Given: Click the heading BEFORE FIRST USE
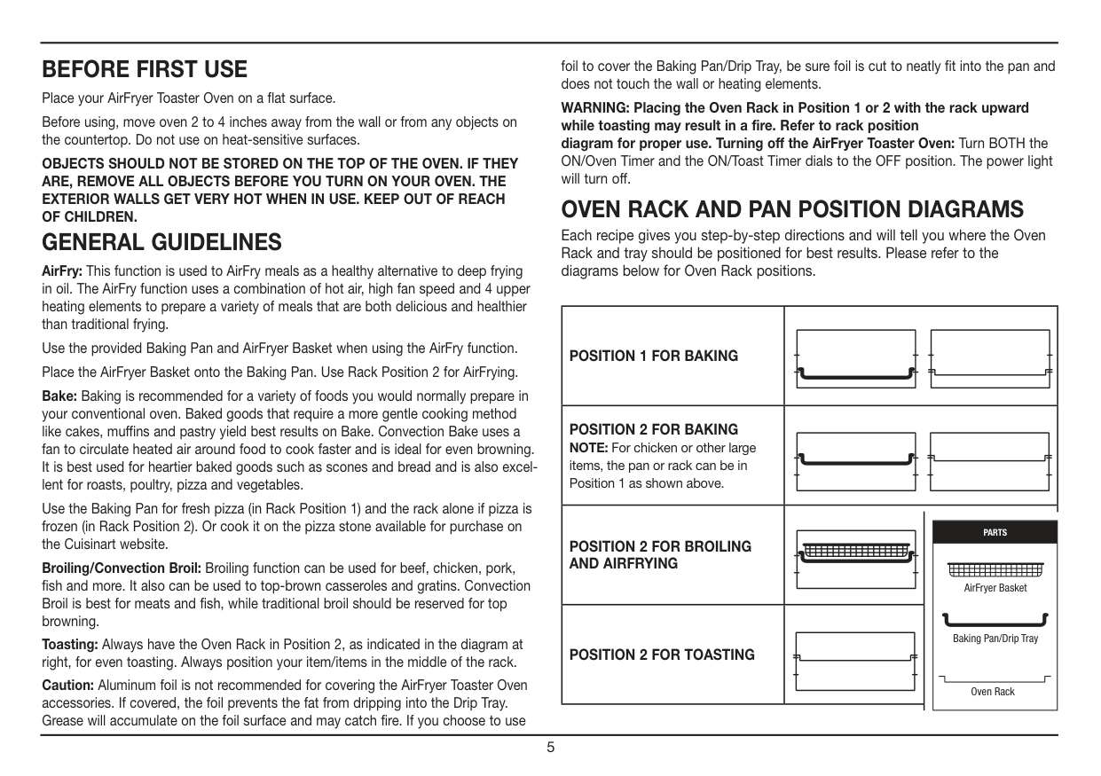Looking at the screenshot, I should click(x=145, y=69).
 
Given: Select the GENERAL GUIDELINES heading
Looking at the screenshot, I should click(x=162, y=241).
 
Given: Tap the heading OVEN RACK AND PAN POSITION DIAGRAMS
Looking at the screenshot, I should click(x=792, y=210).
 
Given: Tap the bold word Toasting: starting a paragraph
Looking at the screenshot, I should click(x=69, y=644).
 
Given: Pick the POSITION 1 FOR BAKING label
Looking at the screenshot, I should click(x=653, y=357).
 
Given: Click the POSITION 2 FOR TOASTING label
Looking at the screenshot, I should click(x=662, y=655).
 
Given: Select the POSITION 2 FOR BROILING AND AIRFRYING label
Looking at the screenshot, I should click(x=659, y=555).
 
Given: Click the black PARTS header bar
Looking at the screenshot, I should click(x=995, y=532).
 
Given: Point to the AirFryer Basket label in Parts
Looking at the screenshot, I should click(x=995, y=588).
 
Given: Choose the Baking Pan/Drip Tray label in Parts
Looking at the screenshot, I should click(x=995, y=639).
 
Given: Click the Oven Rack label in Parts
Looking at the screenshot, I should click(x=992, y=692).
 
